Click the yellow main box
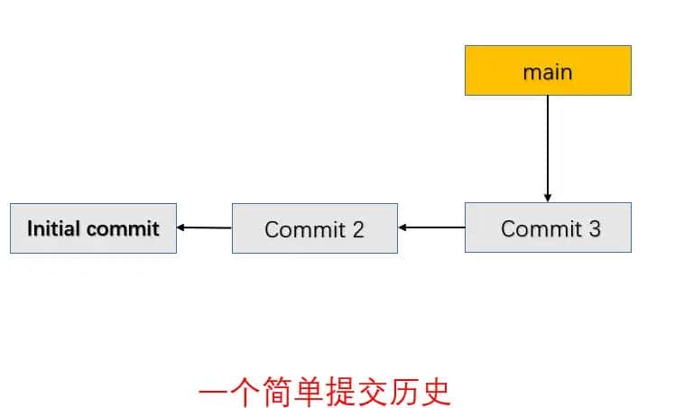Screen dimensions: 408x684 [x=548, y=70]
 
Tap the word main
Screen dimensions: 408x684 [x=548, y=71]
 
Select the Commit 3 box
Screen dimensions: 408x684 [x=548, y=227]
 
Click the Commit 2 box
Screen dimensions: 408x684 [x=314, y=228]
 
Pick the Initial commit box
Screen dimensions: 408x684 [x=93, y=228]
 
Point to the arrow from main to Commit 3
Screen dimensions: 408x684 [x=548, y=144]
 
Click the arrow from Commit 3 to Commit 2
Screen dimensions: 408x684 [x=433, y=227]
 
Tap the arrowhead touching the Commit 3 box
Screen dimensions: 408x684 [x=548, y=198]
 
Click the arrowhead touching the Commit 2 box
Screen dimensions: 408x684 [x=403, y=227]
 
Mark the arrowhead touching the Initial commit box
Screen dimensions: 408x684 [x=182, y=227]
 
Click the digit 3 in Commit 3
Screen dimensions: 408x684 [x=594, y=228]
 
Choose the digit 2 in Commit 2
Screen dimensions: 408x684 [x=357, y=229]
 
